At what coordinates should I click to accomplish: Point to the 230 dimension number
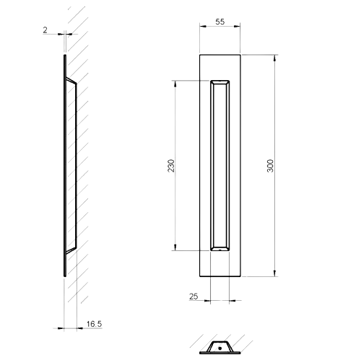point(170,165)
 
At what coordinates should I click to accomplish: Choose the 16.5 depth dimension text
point(94,325)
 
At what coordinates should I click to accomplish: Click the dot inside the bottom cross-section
point(219,347)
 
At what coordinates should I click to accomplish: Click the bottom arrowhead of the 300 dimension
point(275,274)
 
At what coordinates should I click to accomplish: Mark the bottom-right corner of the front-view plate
point(240,277)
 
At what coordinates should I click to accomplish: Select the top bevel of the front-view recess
point(220,82)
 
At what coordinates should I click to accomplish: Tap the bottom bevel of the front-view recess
point(220,249)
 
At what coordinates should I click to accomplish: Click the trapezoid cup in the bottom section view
point(219,346)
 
